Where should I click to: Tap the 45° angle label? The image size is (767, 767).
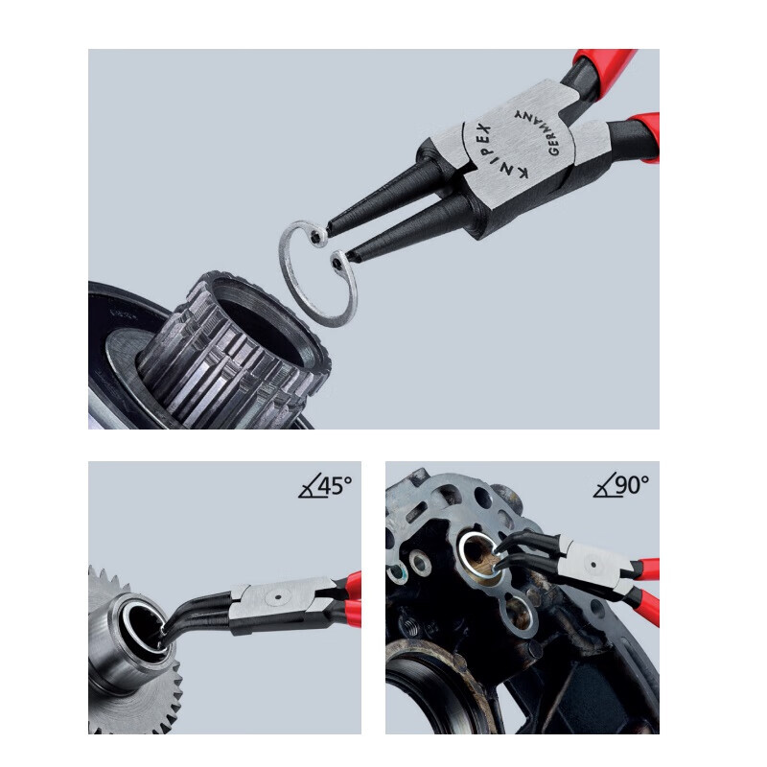tap(335, 485)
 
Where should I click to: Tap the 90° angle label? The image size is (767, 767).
tap(633, 485)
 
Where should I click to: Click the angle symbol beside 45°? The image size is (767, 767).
tap(309, 486)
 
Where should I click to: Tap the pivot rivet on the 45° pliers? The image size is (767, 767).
tap(278, 597)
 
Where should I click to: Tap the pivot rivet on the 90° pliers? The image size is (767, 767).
tap(593, 565)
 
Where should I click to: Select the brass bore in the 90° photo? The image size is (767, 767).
tap(482, 559)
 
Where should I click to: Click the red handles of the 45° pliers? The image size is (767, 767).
tap(353, 598)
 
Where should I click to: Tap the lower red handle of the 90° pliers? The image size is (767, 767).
tap(646, 606)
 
